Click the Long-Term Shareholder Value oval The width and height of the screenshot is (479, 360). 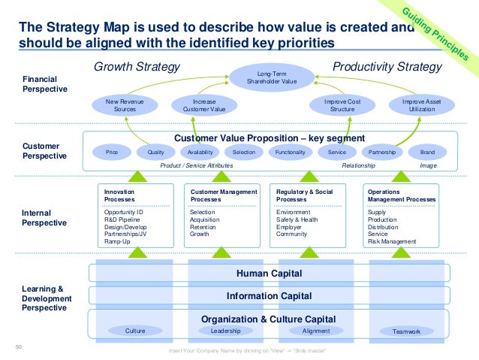270,79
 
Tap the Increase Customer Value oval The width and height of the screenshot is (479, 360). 199,105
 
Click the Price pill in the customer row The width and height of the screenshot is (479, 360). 112,151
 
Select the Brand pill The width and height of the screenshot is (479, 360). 427,151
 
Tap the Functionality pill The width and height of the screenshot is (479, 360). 290,151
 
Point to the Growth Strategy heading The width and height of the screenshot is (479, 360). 137,67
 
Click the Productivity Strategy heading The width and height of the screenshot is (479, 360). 387,67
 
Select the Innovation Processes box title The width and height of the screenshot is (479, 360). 119,196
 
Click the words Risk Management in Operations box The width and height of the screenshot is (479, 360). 391,241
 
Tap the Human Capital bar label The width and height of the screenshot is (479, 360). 269,273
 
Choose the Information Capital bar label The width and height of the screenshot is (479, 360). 269,295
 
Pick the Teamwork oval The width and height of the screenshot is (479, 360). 406,331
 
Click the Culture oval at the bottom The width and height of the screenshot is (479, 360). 135,330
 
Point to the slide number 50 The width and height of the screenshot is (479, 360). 19,346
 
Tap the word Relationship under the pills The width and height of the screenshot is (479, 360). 359,165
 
